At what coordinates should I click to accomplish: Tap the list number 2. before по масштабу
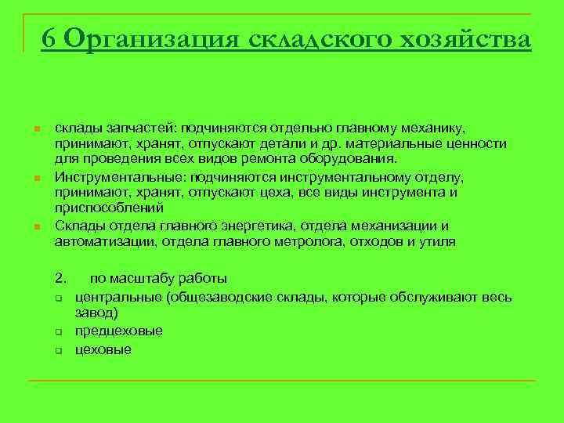point(61,278)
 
